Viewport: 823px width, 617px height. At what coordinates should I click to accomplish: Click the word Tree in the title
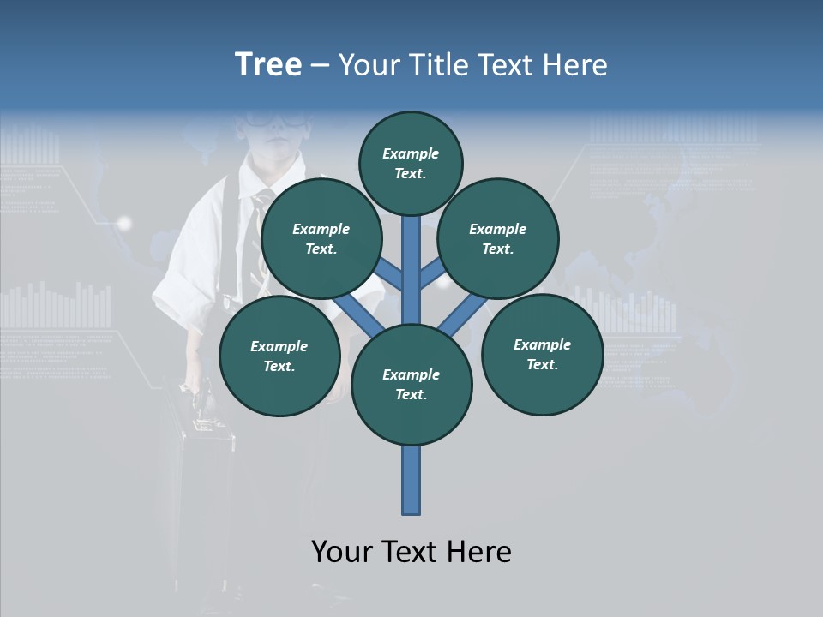[268, 64]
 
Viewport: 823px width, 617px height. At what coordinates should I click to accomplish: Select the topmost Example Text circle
[411, 163]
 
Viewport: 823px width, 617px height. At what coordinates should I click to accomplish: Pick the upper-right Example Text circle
[498, 238]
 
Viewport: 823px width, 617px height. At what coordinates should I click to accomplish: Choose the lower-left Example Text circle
[279, 356]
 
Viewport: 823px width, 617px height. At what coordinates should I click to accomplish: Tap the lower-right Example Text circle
[542, 354]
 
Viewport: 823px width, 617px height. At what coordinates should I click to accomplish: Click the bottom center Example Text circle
[411, 384]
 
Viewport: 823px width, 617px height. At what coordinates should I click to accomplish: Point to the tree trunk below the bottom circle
[411, 480]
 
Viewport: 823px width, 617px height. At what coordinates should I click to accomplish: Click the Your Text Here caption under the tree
[411, 552]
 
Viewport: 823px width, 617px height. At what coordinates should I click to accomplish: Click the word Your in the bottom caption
[341, 552]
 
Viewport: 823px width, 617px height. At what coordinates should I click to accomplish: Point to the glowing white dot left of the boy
[125, 224]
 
